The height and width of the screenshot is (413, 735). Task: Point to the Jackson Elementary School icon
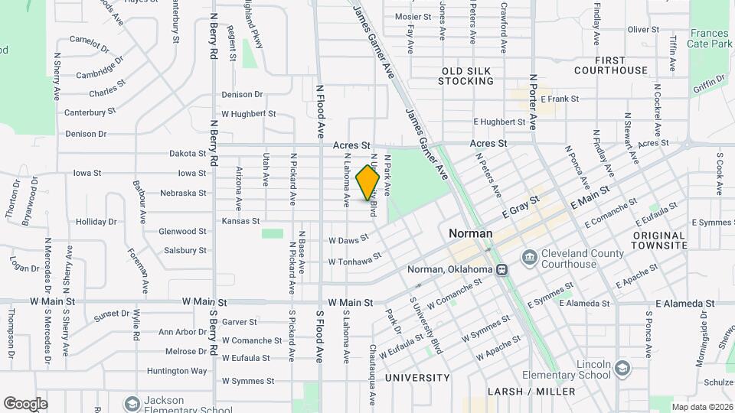132,402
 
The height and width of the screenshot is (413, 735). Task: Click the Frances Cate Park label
710,39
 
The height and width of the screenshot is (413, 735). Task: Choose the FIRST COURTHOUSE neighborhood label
610,65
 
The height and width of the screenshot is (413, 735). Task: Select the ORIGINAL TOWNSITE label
659,240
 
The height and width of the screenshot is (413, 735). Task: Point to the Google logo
25,403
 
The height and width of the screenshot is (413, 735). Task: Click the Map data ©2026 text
702,407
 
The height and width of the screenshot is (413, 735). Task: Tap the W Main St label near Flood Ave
350,303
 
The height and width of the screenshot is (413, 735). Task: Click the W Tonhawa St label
354,262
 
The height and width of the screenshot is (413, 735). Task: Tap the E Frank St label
559,99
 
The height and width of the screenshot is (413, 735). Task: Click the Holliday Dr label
96,222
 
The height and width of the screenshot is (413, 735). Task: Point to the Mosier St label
413,16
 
